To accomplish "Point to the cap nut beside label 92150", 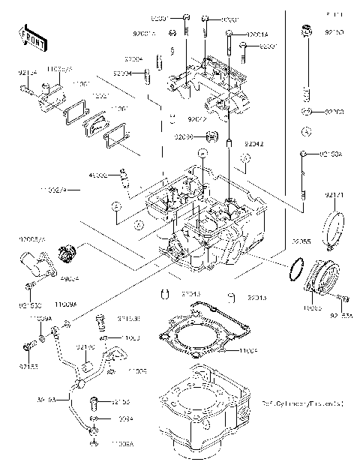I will pyautogui.click(x=305, y=31).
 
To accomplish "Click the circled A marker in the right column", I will pyautogui.click(x=306, y=132).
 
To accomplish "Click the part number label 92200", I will pyautogui.click(x=333, y=112).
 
